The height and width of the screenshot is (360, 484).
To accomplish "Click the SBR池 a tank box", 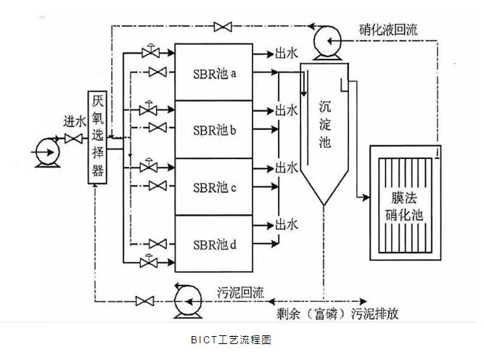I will (x=214, y=73).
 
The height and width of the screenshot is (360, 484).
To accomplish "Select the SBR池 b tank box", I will (x=214, y=130).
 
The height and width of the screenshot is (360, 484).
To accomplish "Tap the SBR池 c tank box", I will (x=214, y=187).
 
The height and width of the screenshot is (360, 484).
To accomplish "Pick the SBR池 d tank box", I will (x=214, y=243).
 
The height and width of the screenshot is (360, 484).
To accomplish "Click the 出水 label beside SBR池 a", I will (x=286, y=54).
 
